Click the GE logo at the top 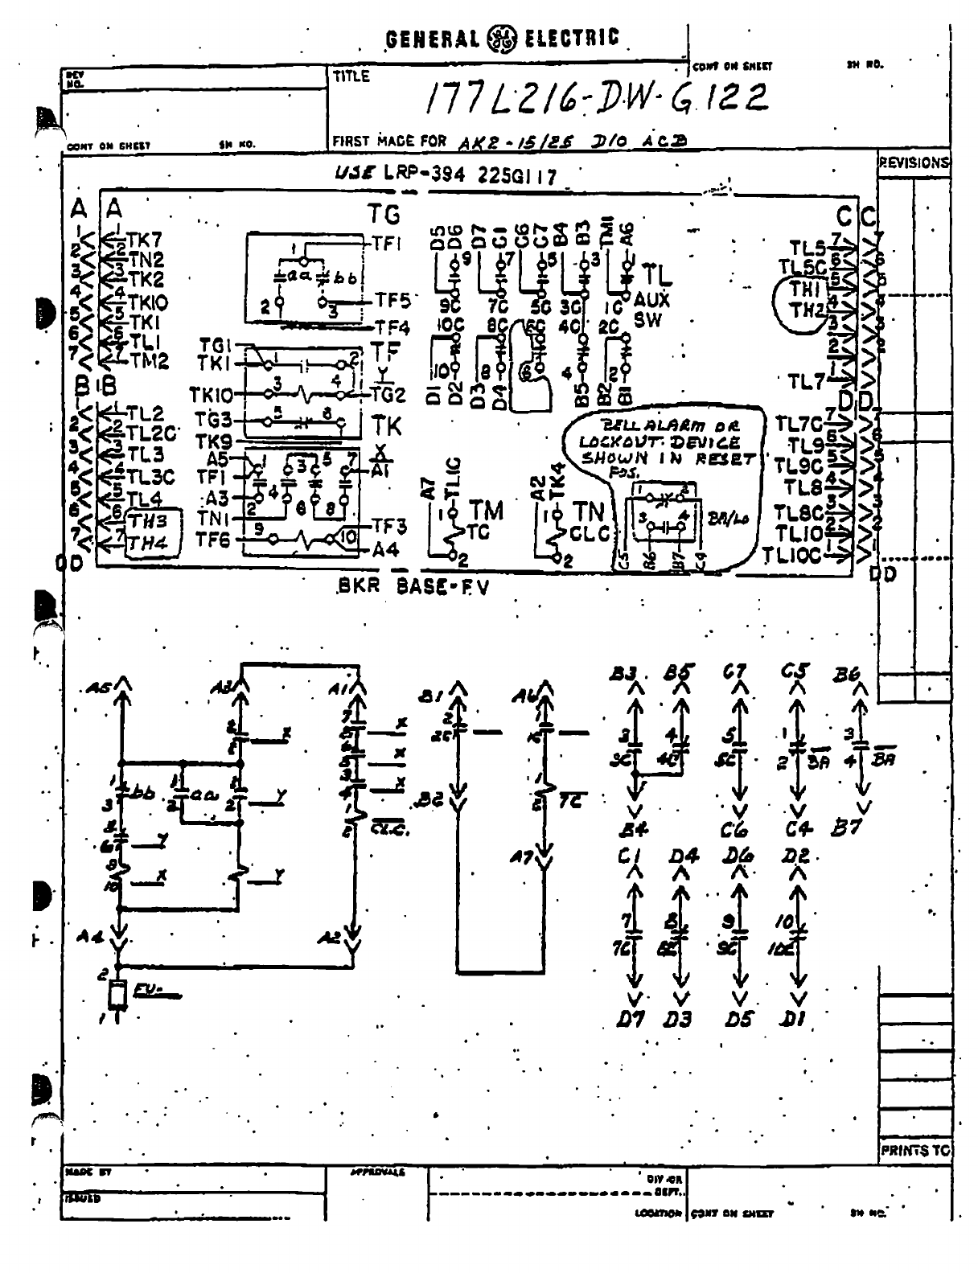coord(503,38)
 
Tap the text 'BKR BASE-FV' coord(413,586)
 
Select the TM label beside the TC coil coord(486,510)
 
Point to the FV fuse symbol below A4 coord(119,995)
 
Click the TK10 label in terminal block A coord(146,303)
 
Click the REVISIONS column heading coord(914,162)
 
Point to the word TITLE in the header coord(351,77)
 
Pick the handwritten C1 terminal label coord(628,858)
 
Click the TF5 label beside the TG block coord(393,301)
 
